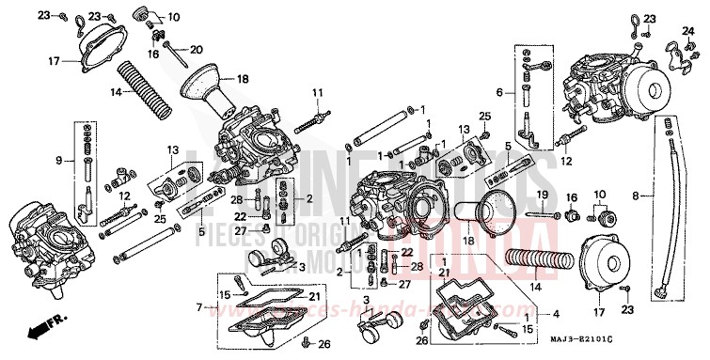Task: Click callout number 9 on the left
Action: point(58,161)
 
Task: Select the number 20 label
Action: point(196,49)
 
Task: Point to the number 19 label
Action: point(542,195)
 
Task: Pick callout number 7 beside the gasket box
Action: point(199,306)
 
